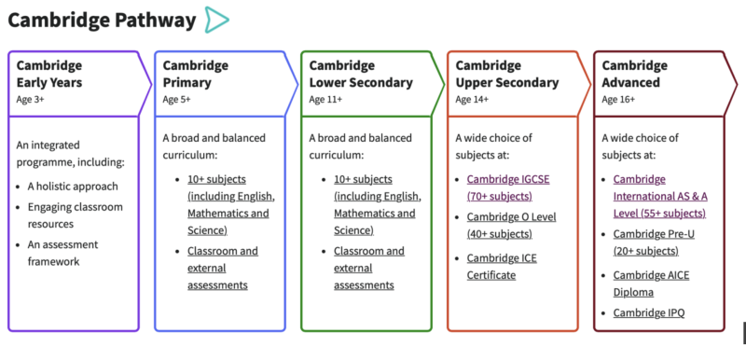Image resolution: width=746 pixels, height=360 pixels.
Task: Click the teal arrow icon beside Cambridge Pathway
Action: click(x=216, y=20)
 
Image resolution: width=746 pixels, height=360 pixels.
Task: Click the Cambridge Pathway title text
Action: click(x=102, y=20)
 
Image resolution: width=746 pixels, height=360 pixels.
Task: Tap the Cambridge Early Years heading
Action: click(x=49, y=74)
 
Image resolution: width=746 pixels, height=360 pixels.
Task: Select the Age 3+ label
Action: click(x=30, y=98)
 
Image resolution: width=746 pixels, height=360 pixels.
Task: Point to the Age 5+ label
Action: click(x=176, y=98)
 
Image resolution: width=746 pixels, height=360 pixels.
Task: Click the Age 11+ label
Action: click(x=325, y=98)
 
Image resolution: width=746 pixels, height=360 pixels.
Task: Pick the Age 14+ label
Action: click(x=472, y=98)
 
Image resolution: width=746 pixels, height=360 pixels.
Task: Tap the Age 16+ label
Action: click(x=618, y=98)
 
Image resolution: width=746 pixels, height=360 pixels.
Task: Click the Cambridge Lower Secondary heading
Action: click(x=361, y=74)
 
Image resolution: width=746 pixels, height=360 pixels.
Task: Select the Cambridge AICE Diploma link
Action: click(x=651, y=283)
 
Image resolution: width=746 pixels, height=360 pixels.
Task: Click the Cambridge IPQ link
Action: click(x=649, y=313)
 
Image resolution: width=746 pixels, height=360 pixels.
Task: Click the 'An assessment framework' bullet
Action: click(x=66, y=253)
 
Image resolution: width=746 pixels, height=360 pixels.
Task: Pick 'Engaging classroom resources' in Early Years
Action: click(x=76, y=215)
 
